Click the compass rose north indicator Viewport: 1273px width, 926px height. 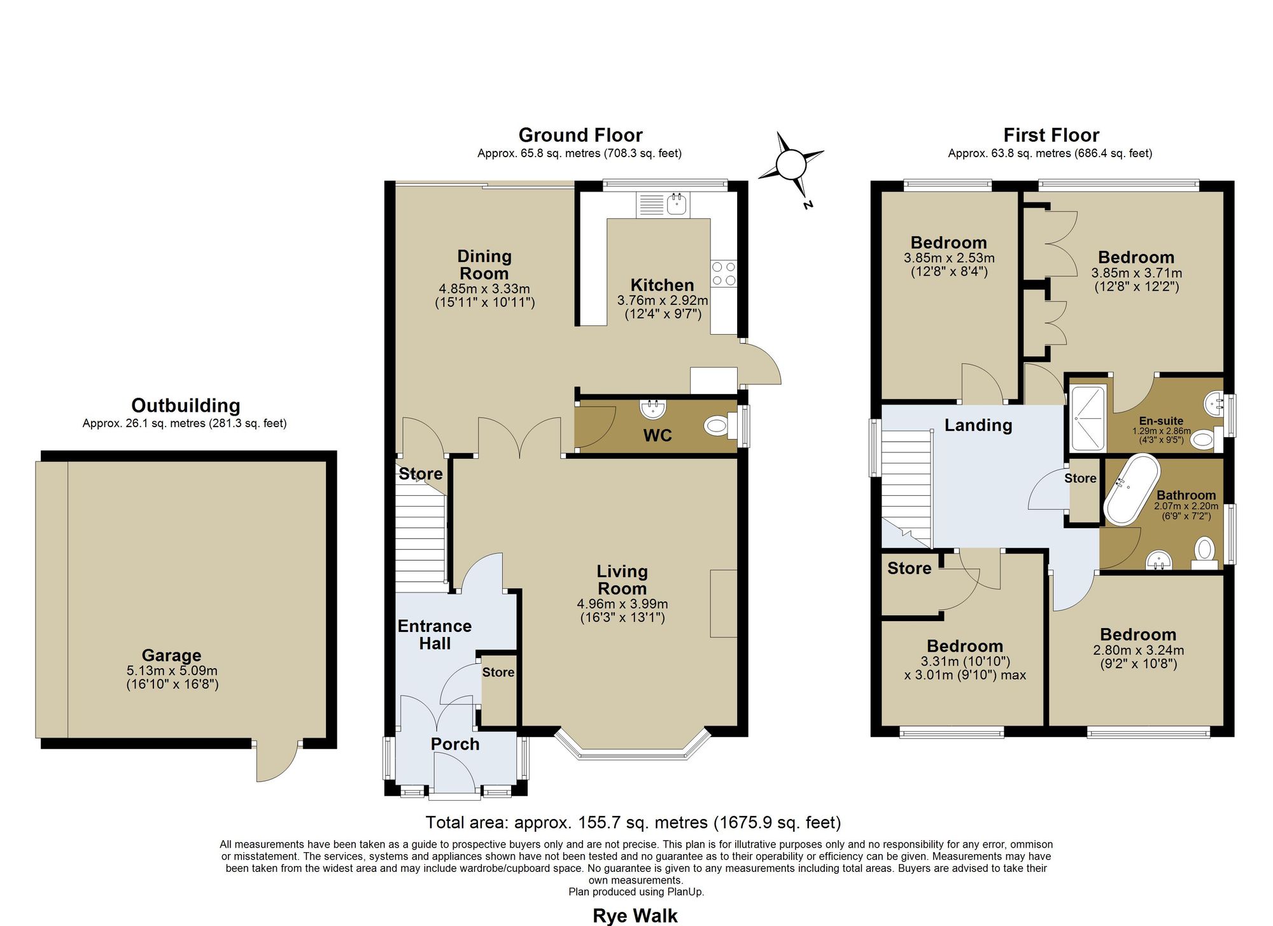point(791,165)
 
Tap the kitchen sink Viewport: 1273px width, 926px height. point(662,204)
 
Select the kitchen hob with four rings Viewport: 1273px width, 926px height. point(724,274)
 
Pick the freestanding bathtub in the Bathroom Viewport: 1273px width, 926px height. point(1131,489)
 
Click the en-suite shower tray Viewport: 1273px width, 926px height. point(1089,417)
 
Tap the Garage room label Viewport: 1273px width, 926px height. point(171,655)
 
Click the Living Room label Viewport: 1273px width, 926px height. point(622,580)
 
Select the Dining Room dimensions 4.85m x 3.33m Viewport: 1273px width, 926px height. point(484,289)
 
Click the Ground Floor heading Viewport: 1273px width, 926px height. point(580,135)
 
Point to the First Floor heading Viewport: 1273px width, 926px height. point(1051,135)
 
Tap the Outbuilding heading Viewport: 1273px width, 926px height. point(185,405)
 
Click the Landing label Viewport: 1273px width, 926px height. point(978,425)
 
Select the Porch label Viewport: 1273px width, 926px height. point(455,744)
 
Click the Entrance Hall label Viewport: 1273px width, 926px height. point(435,635)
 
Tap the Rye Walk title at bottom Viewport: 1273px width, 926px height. point(635,916)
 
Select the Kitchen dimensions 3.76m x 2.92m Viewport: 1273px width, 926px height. point(663,300)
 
